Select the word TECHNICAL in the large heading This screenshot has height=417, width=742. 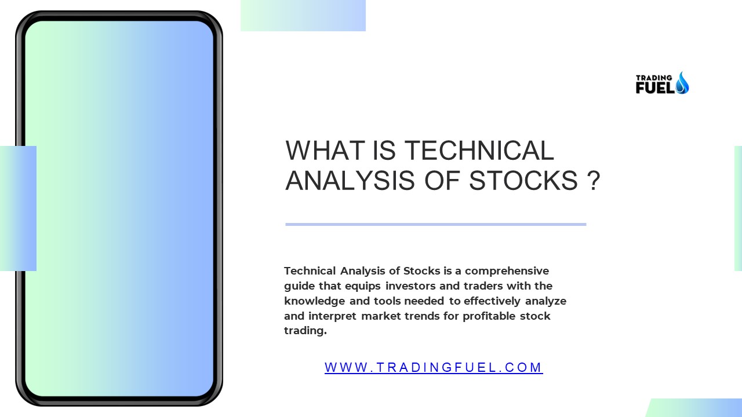(479, 151)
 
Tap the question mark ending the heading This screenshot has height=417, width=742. (592, 181)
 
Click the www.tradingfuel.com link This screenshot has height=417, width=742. (434, 367)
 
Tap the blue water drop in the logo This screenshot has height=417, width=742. (682, 83)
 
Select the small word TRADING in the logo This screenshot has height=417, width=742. (653, 78)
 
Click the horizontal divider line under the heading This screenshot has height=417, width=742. (435, 224)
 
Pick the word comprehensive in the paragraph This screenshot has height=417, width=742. (507, 270)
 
